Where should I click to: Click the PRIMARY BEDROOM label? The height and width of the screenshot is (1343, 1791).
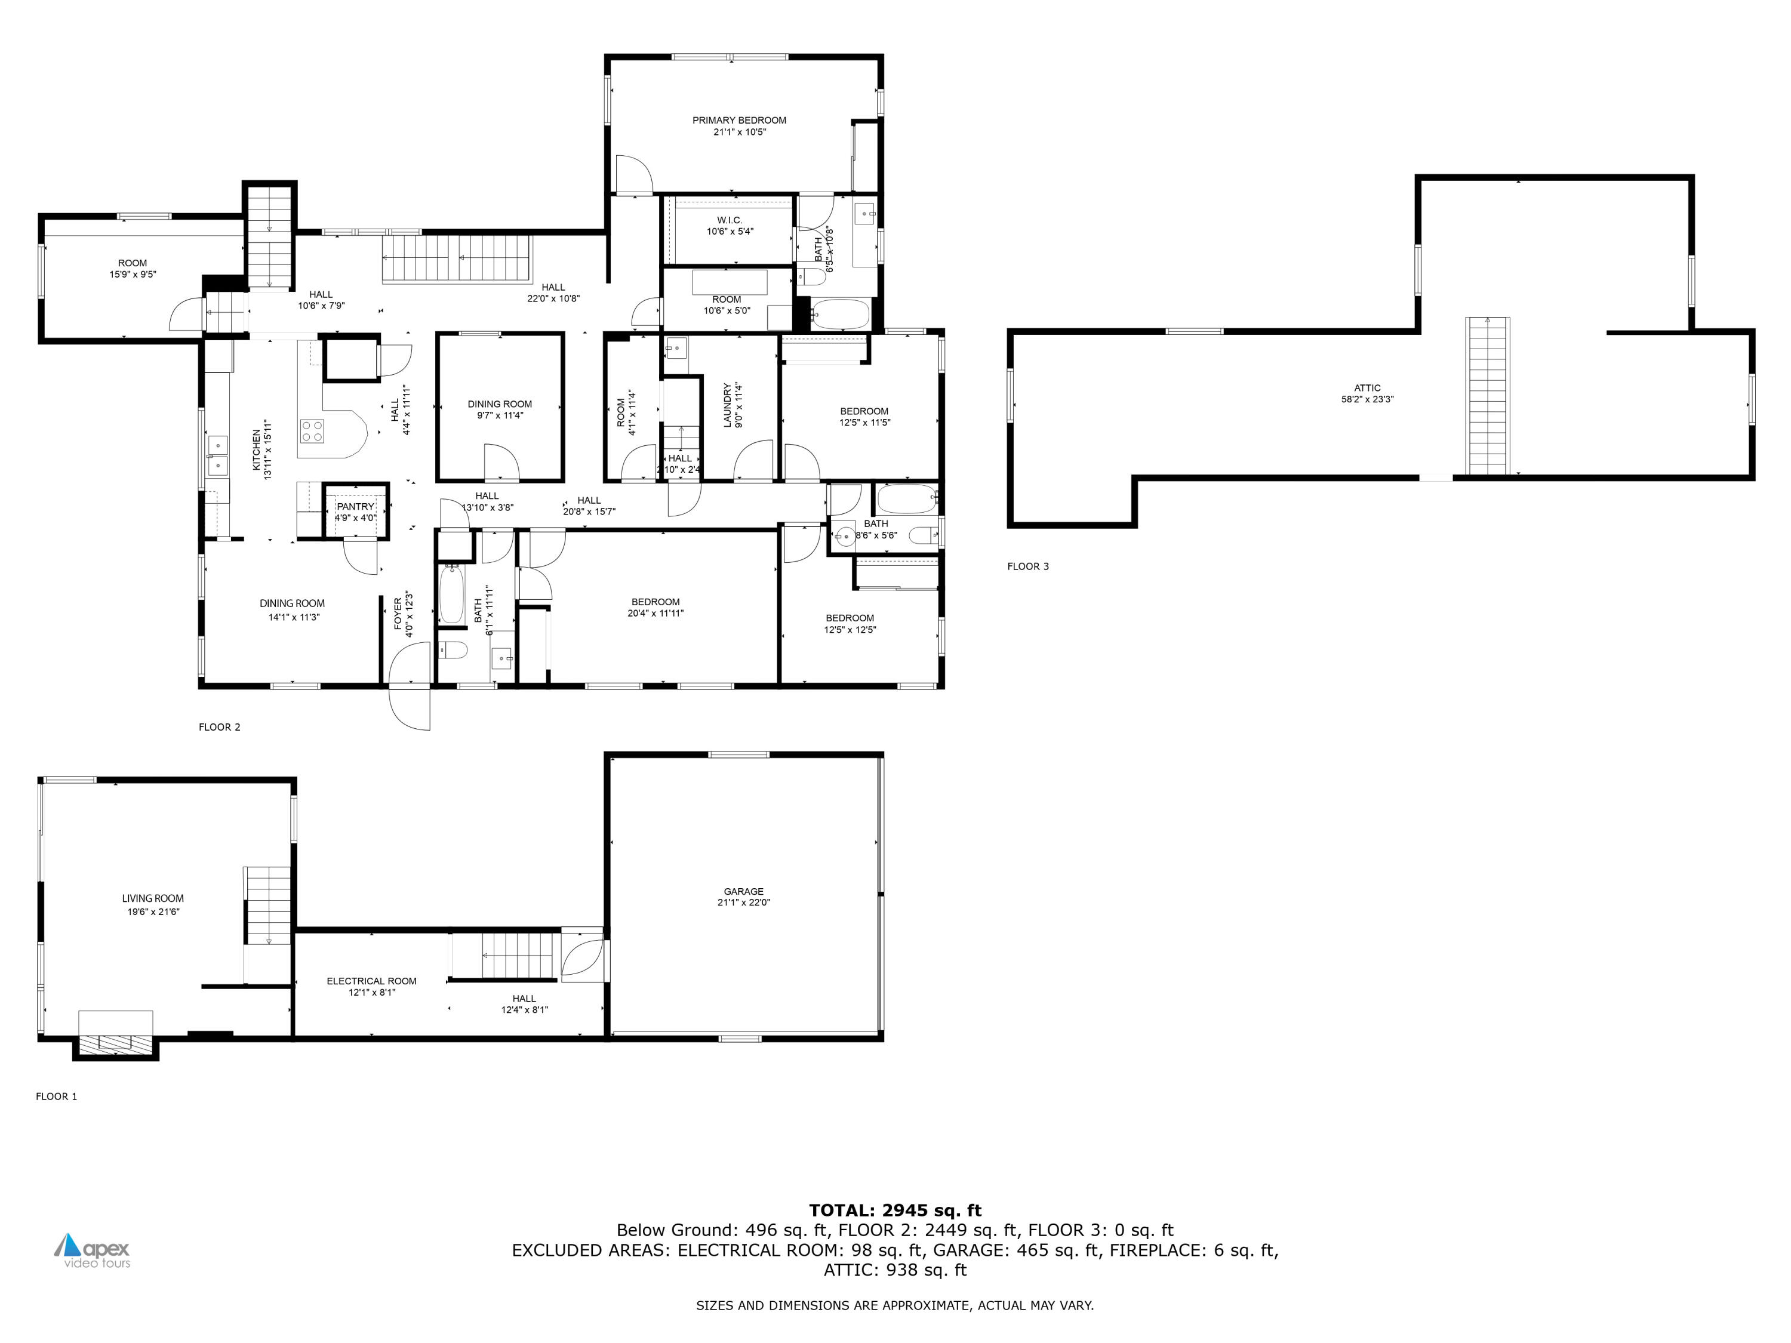pos(738,121)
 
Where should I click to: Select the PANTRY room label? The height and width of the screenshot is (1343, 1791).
pos(355,507)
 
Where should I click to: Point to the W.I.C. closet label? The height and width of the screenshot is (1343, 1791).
pos(729,220)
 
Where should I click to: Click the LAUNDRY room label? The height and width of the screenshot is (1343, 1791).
pos(727,405)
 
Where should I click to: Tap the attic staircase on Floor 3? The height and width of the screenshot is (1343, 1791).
pos(1487,397)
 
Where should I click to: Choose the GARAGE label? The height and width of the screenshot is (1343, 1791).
pos(743,891)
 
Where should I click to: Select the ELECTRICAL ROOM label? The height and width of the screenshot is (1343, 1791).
pos(372,981)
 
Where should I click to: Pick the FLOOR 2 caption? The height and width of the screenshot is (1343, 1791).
pos(220,727)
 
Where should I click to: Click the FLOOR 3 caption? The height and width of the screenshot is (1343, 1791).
pos(1027,566)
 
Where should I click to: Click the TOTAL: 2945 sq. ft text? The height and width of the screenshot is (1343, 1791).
pos(895,1211)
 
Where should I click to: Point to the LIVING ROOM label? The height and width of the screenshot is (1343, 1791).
pos(152,898)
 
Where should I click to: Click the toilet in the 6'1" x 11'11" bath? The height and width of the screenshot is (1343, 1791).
pos(453,650)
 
